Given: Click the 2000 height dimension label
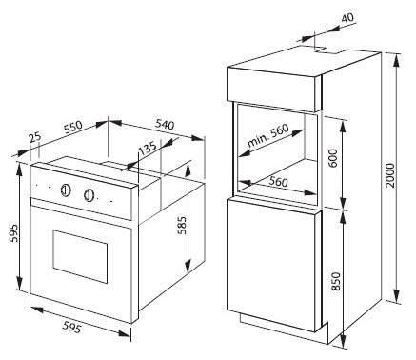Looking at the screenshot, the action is [x=391, y=175].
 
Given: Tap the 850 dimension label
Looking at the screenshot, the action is [x=335, y=281].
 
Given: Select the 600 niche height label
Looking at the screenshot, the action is [x=333, y=158].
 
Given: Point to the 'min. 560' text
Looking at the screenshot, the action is [x=268, y=134].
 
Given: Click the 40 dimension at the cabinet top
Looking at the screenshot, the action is [x=347, y=17].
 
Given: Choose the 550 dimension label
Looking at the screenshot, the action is [x=73, y=127].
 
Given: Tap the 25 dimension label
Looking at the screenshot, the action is [x=35, y=137].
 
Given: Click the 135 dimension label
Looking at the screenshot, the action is [x=148, y=148].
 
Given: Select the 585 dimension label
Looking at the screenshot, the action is [x=182, y=226].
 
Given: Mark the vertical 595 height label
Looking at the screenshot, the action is [x=13, y=233].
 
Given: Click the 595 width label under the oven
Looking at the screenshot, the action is [x=71, y=328].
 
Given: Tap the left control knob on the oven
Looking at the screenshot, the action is [x=66, y=190].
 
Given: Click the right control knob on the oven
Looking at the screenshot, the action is [x=89, y=195].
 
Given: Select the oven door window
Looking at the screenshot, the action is [x=80, y=256].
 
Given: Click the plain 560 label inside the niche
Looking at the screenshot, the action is [x=279, y=182].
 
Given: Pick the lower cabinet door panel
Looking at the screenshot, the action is [x=274, y=265].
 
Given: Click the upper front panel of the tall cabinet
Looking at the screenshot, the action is [x=274, y=90].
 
